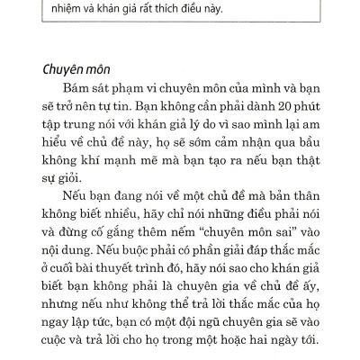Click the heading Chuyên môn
[81, 71]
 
